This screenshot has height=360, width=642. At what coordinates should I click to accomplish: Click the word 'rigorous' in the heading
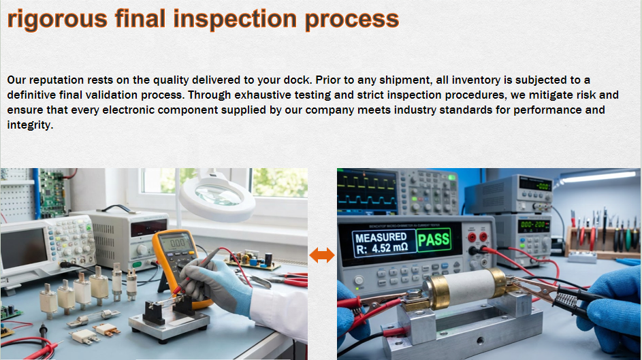pos(58,19)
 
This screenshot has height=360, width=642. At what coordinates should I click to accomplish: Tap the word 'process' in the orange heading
pos(352,19)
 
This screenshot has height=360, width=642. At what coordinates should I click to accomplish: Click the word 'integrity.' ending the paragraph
pos(31,125)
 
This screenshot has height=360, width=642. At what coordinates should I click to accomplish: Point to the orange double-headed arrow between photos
pos(322,255)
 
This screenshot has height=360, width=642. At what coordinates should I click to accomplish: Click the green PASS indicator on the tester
pos(434,240)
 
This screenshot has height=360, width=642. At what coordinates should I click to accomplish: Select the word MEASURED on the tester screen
pos(381,238)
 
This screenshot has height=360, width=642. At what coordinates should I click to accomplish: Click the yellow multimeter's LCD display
pos(177,242)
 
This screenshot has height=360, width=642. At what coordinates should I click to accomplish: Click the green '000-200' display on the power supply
pos(533,225)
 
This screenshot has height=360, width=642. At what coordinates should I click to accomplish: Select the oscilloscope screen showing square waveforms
pos(367,191)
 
